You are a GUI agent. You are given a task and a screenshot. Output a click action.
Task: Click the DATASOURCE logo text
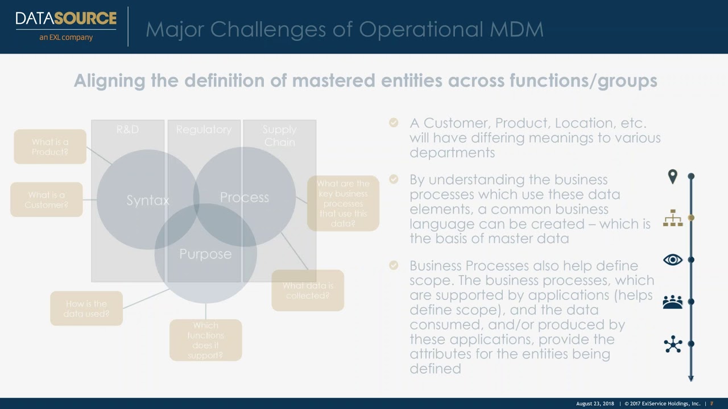[66, 18]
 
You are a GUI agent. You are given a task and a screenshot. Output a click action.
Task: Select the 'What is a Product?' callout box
[50, 147]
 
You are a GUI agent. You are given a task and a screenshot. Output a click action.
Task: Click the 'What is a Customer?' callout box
[47, 200]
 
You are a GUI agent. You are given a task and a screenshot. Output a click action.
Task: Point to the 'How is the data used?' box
[86, 308]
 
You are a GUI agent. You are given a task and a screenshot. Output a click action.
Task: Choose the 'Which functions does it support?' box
[205, 340]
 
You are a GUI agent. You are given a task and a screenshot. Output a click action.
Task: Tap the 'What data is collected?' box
[308, 291]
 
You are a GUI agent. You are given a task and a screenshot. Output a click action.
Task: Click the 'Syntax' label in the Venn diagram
[148, 201]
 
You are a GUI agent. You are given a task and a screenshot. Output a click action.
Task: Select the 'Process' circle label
[244, 198]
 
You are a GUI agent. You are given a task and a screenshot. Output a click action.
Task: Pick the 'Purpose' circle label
[205, 254]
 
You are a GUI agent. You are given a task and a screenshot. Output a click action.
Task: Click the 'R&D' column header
[127, 130]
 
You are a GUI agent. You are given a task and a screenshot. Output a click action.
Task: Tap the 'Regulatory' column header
[204, 130]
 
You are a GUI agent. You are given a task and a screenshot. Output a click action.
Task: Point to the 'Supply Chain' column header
[279, 136]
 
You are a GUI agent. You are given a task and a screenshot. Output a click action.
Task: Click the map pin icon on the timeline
[673, 177]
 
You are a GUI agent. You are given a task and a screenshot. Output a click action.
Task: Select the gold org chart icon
[673, 218]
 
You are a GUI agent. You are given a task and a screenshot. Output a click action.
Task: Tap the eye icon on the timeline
[673, 260]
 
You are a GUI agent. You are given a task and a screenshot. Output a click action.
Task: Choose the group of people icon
[673, 302]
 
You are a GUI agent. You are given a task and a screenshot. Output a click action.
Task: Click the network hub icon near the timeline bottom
[673, 344]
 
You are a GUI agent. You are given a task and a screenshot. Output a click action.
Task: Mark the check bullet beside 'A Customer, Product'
[394, 123]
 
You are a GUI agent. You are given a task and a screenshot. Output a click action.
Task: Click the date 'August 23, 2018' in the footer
[595, 403]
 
